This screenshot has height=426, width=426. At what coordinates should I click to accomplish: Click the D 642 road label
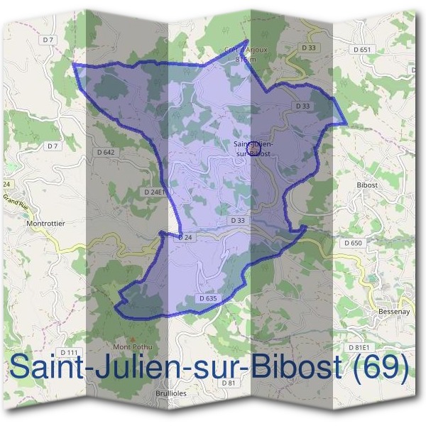(x=105, y=152)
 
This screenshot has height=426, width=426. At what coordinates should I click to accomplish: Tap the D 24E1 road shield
(x=154, y=192)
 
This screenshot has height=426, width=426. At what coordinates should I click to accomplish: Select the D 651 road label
(x=361, y=50)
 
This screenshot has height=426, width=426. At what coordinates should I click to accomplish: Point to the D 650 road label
(x=353, y=243)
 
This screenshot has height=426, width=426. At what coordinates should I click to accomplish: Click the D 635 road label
(x=208, y=299)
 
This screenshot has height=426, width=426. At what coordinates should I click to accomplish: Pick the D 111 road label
(x=69, y=353)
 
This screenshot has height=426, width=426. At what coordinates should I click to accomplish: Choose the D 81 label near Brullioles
(x=228, y=383)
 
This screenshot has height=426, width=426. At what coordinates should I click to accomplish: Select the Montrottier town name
(x=45, y=224)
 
